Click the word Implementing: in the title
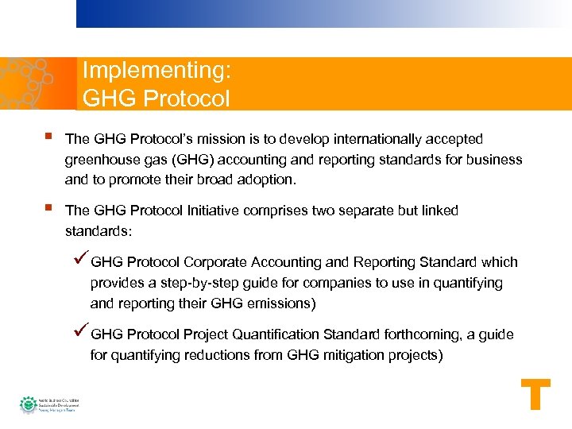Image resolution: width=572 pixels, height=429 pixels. pyautogui.click(x=157, y=71)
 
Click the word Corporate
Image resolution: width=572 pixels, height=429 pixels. pyautogui.click(x=215, y=262)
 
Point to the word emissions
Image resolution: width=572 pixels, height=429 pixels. pyautogui.click(x=284, y=303)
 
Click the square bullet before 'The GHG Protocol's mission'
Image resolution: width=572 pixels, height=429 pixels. pyautogui.click(x=49, y=137)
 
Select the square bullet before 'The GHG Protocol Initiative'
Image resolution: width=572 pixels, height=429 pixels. pyautogui.click(x=49, y=209)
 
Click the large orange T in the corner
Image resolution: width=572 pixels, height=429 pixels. pyautogui.click(x=535, y=395)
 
